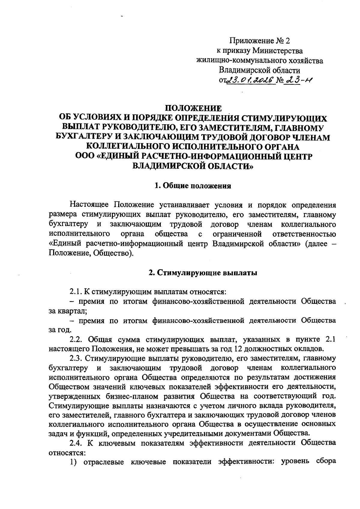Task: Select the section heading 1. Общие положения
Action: pyautogui.click(x=192, y=186)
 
